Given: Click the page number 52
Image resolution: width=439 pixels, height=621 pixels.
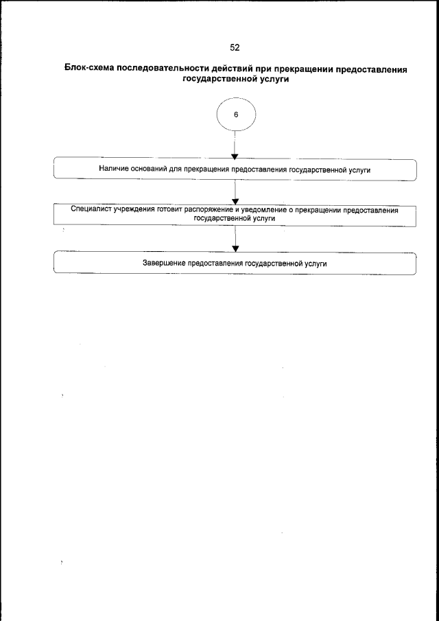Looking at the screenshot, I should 235,48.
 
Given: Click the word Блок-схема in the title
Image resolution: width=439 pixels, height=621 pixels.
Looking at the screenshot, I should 89,69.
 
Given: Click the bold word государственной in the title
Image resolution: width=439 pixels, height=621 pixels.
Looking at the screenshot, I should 217,79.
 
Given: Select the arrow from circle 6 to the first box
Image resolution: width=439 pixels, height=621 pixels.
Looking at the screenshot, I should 235,148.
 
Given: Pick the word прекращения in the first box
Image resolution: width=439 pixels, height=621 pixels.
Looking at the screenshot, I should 207,169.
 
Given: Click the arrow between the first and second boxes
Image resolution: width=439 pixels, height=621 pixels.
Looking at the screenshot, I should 235,191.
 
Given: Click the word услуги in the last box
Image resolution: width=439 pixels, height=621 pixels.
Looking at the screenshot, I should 314,263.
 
